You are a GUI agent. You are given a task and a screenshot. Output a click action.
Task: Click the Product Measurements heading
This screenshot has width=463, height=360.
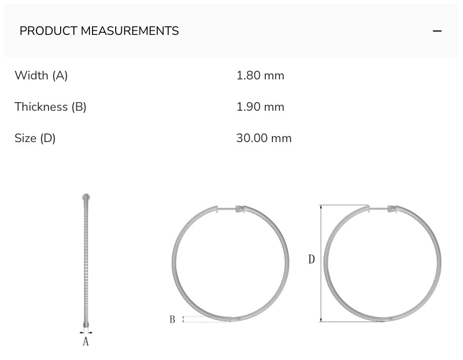[99, 31]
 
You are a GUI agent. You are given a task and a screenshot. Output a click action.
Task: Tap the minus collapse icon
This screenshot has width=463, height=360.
[437, 31]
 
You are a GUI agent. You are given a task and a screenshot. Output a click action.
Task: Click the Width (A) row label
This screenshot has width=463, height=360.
[41, 75]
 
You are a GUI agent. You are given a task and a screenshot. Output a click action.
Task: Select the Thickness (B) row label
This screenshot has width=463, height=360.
[51, 107]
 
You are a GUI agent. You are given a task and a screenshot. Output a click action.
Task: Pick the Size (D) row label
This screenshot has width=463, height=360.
[35, 138]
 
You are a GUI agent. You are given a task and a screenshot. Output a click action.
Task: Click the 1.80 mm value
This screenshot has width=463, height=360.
[260, 75]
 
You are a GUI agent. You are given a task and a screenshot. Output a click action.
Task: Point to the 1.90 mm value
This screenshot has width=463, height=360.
[260, 107]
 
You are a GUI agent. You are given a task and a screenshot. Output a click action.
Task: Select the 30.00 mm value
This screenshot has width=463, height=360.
[264, 138]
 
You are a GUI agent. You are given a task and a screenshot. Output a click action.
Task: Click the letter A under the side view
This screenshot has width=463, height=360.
[85, 342]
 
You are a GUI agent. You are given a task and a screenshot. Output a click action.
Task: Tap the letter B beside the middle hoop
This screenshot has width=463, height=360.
[172, 320]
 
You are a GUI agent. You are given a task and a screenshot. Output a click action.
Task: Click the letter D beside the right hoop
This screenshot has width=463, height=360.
[311, 259]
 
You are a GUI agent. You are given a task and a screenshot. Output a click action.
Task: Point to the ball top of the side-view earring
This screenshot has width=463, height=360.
[86, 197]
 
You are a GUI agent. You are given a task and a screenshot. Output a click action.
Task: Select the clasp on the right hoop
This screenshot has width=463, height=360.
[392, 208]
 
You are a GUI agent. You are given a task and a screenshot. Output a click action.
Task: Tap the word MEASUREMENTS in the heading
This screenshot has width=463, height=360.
[130, 31]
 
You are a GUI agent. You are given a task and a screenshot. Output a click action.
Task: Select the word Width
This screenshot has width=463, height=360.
[31, 75]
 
